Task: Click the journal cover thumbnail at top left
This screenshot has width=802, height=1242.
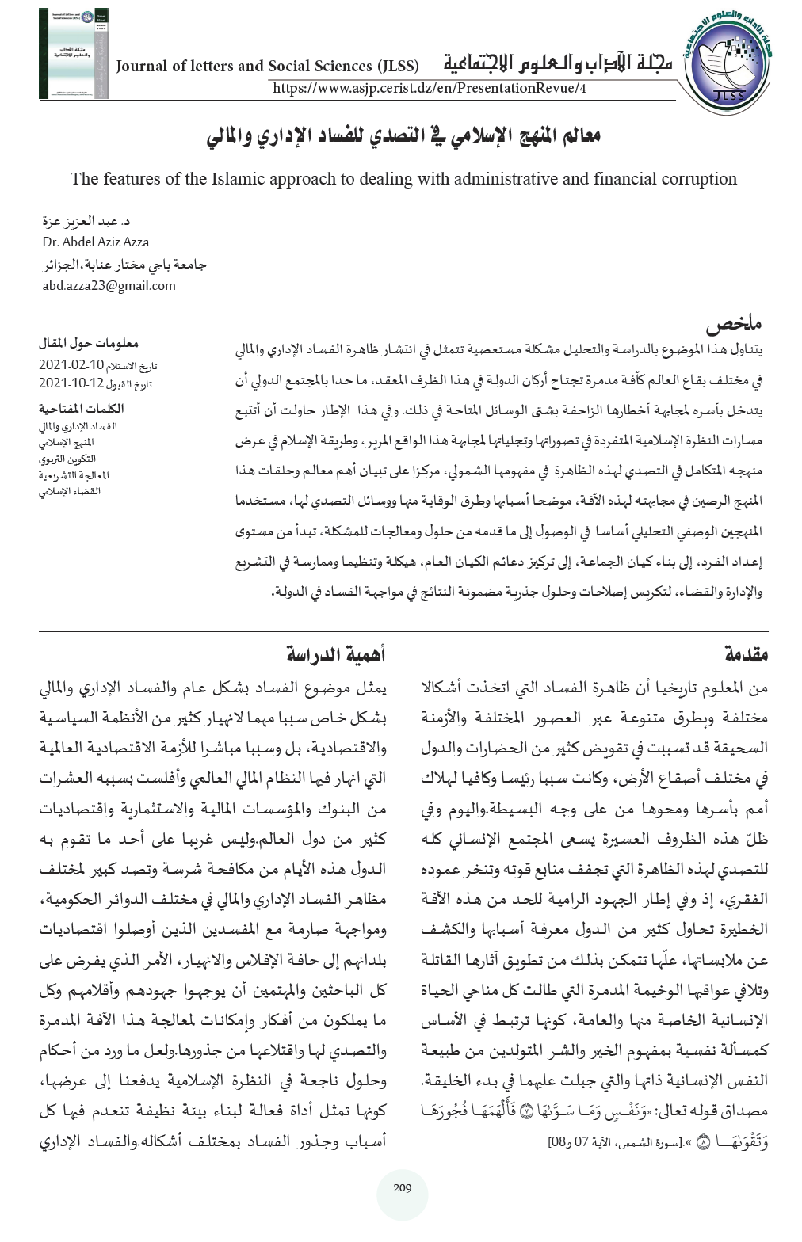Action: pos(73,54)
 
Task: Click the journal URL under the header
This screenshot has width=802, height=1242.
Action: pos(429,89)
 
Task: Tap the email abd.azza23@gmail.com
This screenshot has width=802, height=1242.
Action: pos(109,285)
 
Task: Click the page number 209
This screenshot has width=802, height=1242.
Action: pos(402,1187)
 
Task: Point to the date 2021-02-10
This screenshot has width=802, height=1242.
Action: pos(71,365)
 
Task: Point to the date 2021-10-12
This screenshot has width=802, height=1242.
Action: pos(71,383)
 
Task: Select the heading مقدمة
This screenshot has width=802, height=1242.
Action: pos(747,655)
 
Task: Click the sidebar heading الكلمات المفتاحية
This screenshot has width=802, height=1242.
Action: pos(82,409)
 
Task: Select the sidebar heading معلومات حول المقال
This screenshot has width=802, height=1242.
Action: pos(89,345)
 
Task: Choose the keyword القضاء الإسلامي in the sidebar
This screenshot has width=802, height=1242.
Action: pos(70,491)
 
